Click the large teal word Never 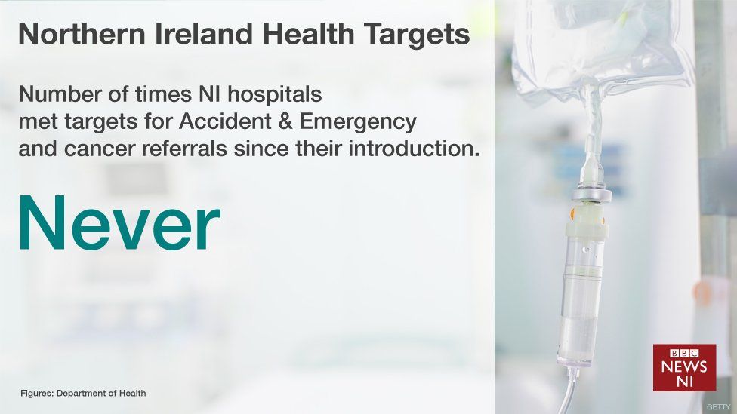(119, 225)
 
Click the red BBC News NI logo (684, 367)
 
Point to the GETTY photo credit (718, 407)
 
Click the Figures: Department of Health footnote (83, 393)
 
